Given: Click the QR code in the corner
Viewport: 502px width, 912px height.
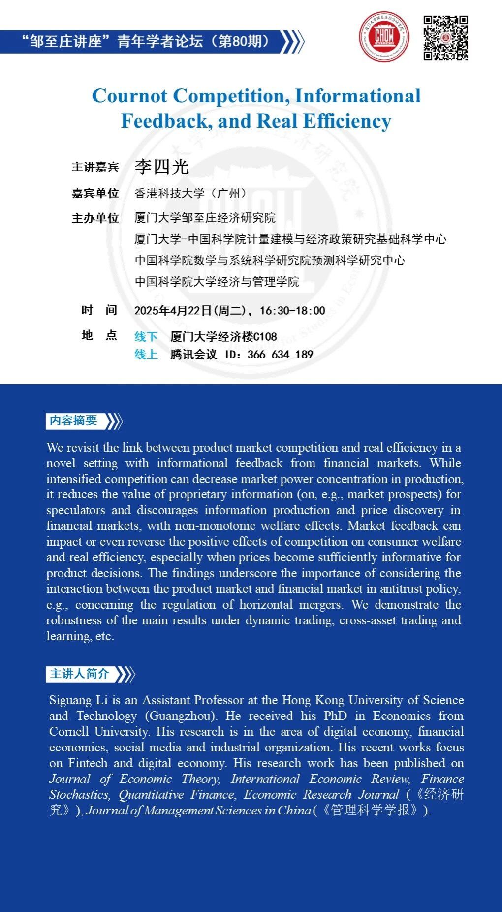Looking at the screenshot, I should pyautogui.click(x=445, y=38).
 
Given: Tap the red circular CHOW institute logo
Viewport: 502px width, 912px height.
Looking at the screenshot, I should pyautogui.click(x=384, y=36).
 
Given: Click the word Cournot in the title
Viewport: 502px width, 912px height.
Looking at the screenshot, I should pyautogui.click(x=130, y=96).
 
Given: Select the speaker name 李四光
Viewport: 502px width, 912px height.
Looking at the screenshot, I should pyautogui.click(x=162, y=167).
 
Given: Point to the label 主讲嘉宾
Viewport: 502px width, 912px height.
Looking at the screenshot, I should pyautogui.click(x=95, y=167).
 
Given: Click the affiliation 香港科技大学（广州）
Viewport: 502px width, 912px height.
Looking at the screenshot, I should pyautogui.click(x=191, y=194).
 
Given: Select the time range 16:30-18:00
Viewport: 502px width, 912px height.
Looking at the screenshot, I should pyautogui.click(x=292, y=311).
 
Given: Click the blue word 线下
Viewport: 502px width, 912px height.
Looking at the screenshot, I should pyautogui.click(x=146, y=337).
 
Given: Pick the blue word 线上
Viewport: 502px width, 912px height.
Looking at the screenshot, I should pyautogui.click(x=146, y=355).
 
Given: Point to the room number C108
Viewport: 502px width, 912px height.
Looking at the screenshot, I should pyautogui.click(x=266, y=337).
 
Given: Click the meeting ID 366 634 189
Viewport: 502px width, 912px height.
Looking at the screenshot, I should pyautogui.click(x=281, y=355).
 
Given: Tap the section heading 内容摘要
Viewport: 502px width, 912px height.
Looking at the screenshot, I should pyautogui.click(x=73, y=421).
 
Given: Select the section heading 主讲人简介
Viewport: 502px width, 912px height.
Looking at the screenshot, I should pyautogui.click(x=80, y=674).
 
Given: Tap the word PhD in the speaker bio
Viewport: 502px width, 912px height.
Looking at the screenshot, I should pyautogui.click(x=335, y=716).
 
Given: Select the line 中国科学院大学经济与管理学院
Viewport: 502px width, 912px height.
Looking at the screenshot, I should pyautogui.click(x=217, y=282).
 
